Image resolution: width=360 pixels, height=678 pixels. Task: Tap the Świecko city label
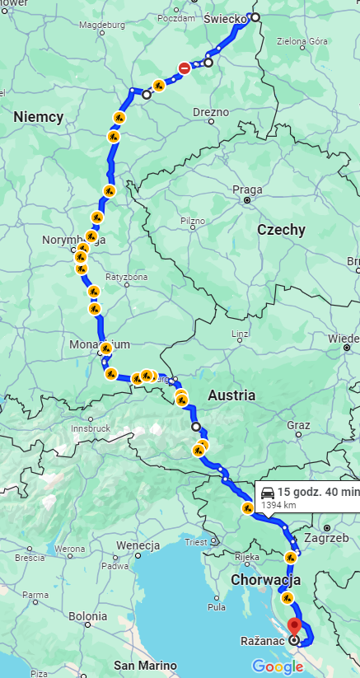point(224,17)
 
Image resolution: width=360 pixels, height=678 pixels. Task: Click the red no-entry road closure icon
point(185,68)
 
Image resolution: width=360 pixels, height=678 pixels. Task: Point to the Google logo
point(277,666)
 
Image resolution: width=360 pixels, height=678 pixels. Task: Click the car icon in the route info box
point(268,491)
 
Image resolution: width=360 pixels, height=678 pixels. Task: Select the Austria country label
point(231,395)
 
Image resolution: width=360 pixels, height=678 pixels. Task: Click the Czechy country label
point(281,230)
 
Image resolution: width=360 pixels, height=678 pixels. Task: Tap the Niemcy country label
point(38,117)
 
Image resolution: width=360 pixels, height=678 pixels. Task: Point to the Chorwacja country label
point(265,579)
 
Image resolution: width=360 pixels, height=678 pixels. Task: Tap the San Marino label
point(145,665)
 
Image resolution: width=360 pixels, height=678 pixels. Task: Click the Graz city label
point(297,425)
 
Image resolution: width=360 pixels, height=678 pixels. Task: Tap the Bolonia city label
point(87,615)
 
